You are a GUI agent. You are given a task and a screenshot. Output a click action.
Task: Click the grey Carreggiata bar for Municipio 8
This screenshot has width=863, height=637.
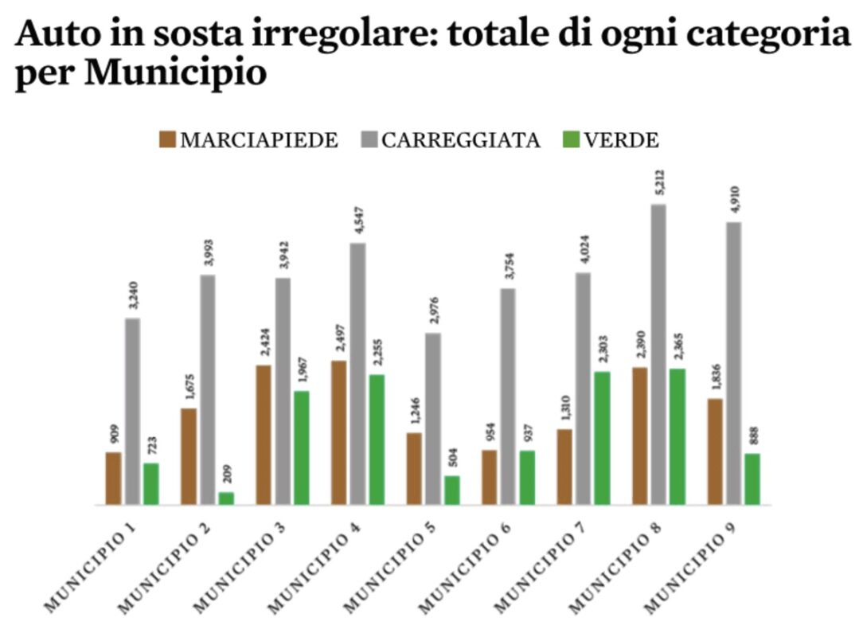tap(658, 354)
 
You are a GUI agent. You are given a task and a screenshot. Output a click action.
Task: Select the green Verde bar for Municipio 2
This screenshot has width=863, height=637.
tap(227, 498)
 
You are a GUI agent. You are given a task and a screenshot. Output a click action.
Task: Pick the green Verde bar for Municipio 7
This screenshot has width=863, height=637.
tap(603, 438)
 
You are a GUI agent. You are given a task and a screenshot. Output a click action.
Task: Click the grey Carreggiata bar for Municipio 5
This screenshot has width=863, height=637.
tap(433, 418)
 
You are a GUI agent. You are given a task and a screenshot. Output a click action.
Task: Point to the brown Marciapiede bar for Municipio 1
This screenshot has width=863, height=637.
tap(114, 478)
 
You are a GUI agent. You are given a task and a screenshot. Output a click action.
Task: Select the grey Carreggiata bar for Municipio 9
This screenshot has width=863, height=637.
tap(734, 363)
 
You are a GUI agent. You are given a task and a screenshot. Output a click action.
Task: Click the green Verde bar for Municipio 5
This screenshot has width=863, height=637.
tap(452, 490)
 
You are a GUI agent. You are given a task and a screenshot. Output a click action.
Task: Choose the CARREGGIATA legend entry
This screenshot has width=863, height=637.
tap(451, 140)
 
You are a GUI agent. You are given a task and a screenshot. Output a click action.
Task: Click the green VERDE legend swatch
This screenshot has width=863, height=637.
tap(571, 140)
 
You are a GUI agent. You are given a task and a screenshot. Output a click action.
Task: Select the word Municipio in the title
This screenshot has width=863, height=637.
tap(174, 73)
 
